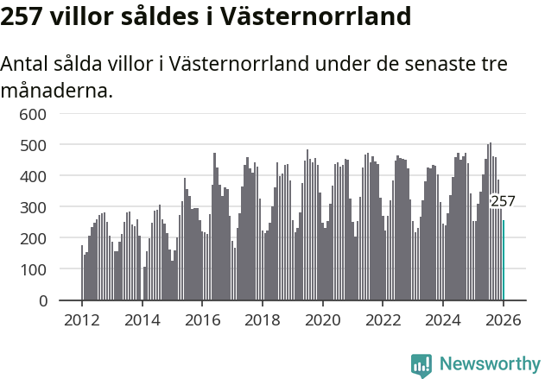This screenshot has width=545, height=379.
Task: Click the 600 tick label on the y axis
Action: pos(33,114)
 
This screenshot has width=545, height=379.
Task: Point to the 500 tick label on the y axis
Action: pos(33,145)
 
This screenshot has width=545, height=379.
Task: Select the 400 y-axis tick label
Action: pos(33,176)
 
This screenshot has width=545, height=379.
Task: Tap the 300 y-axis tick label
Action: pos(33,207)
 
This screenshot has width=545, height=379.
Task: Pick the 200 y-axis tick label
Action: pos(33,238)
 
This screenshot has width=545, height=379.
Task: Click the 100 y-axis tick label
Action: pos(33,270)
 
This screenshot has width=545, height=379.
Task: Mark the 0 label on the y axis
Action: pos(41,301)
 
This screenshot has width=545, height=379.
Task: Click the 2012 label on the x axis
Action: pos(82,320)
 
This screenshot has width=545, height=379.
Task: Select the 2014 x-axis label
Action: pos(143,320)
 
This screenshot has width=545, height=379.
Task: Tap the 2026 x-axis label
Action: pos(504,320)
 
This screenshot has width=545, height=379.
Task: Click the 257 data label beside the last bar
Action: pos(503,202)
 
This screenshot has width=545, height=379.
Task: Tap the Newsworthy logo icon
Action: pos(421,364)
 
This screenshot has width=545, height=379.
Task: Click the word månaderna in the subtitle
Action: pos(56,90)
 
